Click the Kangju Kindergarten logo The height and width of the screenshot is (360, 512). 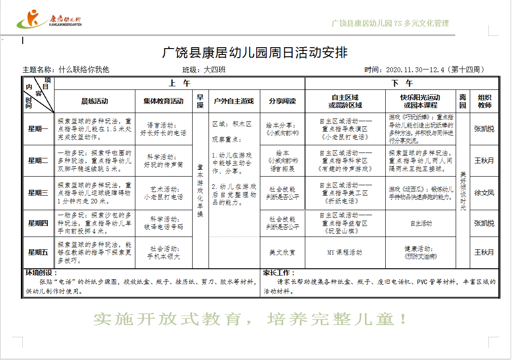coord(49,20)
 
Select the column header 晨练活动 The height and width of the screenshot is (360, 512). coord(94,101)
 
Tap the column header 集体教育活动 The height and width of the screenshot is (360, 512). coord(164,101)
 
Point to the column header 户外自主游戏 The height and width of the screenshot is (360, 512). coord(234,101)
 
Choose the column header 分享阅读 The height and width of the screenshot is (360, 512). coord(282,101)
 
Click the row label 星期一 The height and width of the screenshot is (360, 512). coord(38,128)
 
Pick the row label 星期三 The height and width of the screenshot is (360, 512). coord(38,193)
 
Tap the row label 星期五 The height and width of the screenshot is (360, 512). coord(38,252)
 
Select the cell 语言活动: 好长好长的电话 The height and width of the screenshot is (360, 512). coord(164,129)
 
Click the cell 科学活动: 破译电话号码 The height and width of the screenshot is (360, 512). coord(164,223)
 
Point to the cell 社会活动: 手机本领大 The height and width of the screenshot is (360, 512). coord(164,252)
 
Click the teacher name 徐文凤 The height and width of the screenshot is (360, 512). coord(484,193)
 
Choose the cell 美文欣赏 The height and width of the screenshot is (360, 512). coord(282,252)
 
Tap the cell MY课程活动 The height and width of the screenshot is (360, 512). coord(345,252)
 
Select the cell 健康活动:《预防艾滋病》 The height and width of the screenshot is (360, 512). coord(420,252)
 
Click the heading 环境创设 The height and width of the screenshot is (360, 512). coord(41,273)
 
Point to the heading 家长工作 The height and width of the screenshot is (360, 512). coord(279,273)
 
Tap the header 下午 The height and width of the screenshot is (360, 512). coord(402,84)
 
